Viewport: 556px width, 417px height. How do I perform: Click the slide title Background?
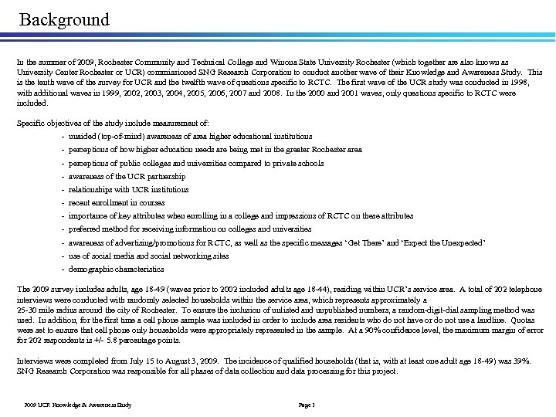pos(65,19)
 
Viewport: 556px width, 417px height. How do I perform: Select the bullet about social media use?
pos(148,256)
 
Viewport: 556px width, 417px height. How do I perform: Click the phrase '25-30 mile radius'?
pos(46,310)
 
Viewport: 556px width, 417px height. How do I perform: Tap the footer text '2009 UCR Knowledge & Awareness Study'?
pos(77,405)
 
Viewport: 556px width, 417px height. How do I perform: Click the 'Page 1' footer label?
pos(307,405)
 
